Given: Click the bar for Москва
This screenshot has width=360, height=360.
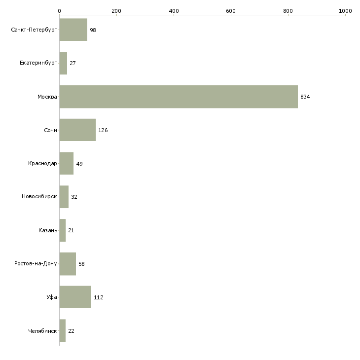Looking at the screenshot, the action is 179,97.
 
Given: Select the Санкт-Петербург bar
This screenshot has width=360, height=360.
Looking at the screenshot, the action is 73,30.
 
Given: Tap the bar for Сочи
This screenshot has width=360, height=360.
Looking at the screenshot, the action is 77,130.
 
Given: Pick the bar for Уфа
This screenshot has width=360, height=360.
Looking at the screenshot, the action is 75,297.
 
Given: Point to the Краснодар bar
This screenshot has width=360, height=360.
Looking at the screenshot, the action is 67,163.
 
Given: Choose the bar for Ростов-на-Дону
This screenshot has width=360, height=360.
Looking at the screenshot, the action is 68,264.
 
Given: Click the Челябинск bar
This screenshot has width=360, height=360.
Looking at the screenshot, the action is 63,330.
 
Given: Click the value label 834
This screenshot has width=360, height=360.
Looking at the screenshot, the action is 305,97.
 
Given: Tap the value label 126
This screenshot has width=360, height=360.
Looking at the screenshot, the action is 103,130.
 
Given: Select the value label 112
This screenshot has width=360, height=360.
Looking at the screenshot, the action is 99,297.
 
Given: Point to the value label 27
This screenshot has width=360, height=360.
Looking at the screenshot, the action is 72,63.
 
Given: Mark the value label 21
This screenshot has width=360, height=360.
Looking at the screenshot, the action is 71,230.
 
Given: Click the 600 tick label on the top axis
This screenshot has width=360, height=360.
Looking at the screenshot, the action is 231,11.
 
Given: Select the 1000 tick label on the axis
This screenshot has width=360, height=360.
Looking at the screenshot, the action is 345,11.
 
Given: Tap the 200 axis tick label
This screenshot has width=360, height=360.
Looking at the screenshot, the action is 116,11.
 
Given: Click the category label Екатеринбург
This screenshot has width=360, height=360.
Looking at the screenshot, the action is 38,63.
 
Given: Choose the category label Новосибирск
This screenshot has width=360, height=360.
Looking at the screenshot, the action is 39,197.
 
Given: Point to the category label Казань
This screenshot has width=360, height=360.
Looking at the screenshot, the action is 48,230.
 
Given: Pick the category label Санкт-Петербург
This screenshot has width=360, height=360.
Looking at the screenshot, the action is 34,30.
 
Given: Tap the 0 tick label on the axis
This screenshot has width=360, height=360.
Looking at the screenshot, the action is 60,11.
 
